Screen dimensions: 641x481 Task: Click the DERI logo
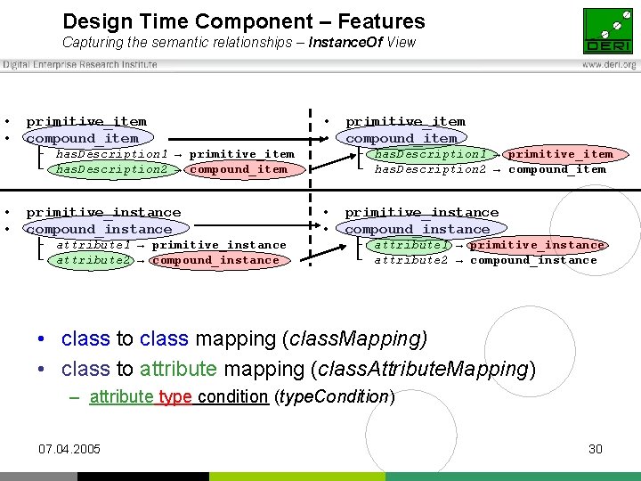coord(608,30)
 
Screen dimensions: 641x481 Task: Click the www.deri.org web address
coord(609,65)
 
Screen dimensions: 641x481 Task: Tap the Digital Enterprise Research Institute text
coord(80,65)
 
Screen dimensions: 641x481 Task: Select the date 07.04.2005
coord(69,449)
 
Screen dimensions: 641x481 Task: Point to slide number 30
coord(596,449)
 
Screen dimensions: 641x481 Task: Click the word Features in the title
coord(379,21)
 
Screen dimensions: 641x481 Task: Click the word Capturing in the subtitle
coord(92,42)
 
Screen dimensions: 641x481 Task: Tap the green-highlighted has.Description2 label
coord(111,169)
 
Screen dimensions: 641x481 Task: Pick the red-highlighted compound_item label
coord(238,169)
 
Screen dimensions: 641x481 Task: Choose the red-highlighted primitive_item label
coord(560,154)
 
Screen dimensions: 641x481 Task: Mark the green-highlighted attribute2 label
coord(93,260)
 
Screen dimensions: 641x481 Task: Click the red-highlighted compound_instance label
coord(215,260)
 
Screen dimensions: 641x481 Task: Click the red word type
coord(175,396)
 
